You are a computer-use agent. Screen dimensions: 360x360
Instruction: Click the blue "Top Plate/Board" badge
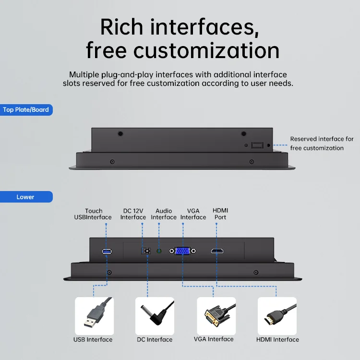[x=26, y=110]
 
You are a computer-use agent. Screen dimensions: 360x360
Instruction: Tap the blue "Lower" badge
[x=26, y=197]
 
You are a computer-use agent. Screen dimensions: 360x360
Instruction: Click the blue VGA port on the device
[x=182, y=251]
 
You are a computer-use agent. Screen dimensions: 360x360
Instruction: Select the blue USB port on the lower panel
[x=107, y=252]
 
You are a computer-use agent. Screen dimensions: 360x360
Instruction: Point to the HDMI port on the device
[x=217, y=251]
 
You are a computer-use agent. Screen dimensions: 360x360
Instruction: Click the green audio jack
[x=159, y=251]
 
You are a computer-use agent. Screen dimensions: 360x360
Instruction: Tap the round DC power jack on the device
[x=147, y=251]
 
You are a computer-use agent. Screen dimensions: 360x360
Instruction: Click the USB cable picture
[x=95, y=316]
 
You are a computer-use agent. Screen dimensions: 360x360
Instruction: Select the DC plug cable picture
[x=155, y=316]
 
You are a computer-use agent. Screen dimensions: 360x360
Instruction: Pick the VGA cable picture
[x=216, y=316]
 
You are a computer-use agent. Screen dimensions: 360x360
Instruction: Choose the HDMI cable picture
[x=277, y=316]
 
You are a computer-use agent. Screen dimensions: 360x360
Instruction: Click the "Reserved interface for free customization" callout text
[x=322, y=144]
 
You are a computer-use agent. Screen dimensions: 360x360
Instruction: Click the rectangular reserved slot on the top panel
[x=257, y=145]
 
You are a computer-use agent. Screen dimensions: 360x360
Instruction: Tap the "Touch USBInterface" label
[x=93, y=214]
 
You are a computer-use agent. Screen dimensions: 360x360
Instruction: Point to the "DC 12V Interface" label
[x=133, y=214]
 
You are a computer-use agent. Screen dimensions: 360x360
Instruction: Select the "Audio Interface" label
[x=164, y=214]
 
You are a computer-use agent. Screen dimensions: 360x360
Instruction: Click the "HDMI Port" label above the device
[x=220, y=214]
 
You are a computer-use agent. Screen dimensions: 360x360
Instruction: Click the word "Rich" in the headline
[x=122, y=27]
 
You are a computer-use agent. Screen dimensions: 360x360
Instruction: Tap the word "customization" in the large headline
[x=206, y=51]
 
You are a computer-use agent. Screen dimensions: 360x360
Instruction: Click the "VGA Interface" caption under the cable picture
[x=214, y=339]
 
